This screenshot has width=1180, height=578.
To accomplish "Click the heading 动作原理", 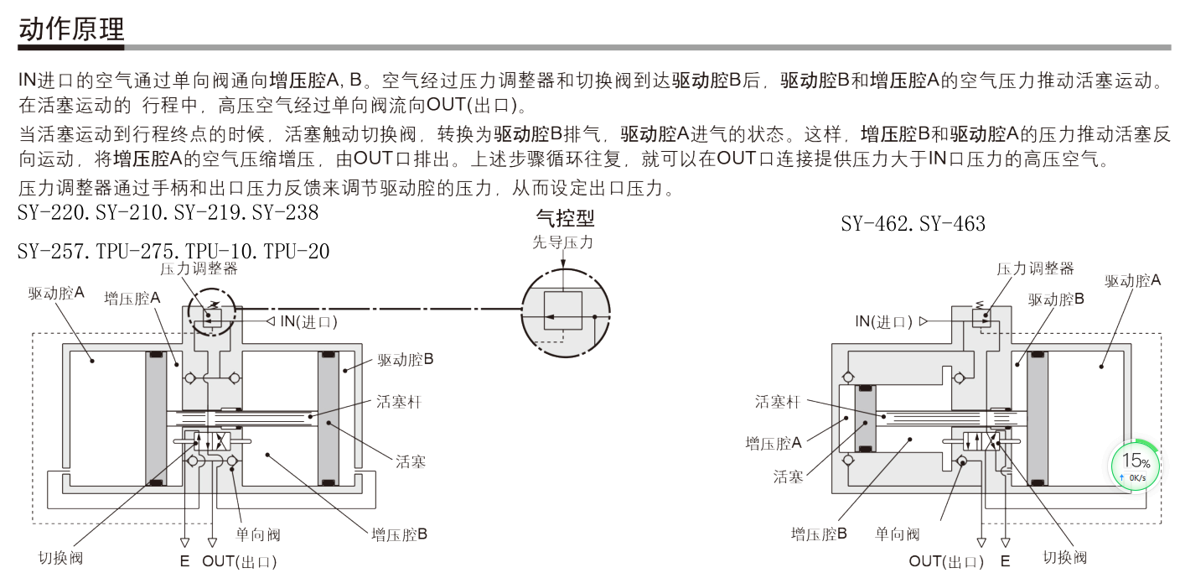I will (x=71, y=29).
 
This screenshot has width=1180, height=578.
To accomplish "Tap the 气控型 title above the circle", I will (x=565, y=220).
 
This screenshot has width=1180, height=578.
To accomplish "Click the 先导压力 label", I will (x=563, y=242).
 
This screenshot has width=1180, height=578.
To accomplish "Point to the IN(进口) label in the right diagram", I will (x=883, y=321).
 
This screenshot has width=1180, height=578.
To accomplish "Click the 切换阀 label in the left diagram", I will (x=60, y=557).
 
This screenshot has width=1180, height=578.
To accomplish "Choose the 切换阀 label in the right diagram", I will (x=1064, y=557).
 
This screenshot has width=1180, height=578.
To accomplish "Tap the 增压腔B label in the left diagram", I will (x=400, y=534).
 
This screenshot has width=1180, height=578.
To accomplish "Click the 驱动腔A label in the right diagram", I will (x=1133, y=281).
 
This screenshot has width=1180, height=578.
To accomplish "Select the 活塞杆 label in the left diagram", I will (x=399, y=402).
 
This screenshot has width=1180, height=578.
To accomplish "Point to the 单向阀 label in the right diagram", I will (x=898, y=534).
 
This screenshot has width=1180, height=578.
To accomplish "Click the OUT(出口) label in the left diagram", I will (x=240, y=561).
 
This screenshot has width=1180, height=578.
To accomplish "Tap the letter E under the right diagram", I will (x=1006, y=561).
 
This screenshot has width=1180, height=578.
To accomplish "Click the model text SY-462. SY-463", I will (x=913, y=224).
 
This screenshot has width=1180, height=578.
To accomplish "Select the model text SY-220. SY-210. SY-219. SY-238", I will (x=168, y=213).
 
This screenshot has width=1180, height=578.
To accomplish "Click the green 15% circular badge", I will (x=1136, y=466).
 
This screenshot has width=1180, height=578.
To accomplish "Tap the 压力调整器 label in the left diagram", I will (x=199, y=268).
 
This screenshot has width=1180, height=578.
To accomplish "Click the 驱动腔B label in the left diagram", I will (x=406, y=360).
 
